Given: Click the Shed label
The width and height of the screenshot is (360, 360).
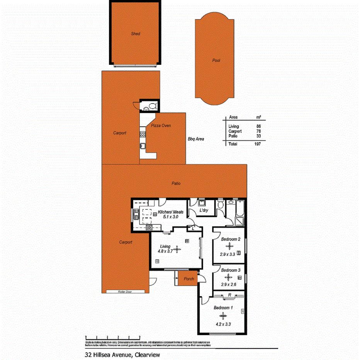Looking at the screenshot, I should pos(135,34).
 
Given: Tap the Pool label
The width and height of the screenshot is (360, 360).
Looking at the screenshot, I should pos(216,61).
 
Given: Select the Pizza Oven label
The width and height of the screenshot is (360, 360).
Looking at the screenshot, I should pos(161,126).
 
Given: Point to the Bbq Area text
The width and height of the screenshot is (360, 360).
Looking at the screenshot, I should pos(196,139).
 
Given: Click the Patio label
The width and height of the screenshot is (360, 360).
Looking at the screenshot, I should pos(176,183).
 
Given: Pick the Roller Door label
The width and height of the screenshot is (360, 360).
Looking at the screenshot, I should pos(125,292).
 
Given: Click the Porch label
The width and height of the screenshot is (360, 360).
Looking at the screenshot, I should pos(188,279).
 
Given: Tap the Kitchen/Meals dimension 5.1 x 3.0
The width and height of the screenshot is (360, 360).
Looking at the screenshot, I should pos(170,217).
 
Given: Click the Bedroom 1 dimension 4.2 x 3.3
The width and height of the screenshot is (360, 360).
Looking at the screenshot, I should pos(223,324).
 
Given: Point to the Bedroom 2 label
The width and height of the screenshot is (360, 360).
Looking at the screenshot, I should pos(231,239).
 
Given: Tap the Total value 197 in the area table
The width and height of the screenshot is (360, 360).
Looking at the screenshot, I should pos(258,144).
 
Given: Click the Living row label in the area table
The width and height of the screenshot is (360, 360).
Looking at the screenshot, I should pos(234,127).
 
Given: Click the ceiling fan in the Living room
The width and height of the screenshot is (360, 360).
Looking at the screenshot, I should pos(177,249).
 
